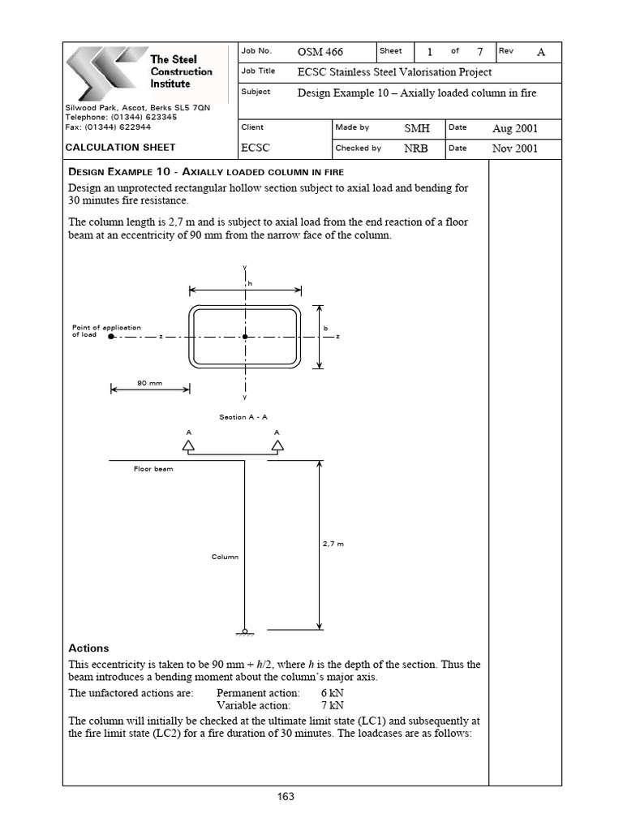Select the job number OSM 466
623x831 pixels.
(320, 52)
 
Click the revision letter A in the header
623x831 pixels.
(541, 52)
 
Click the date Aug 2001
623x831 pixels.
(514, 128)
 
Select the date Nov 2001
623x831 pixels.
(514, 149)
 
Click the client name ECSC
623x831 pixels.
(255, 149)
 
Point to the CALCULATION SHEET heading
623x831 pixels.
(120, 148)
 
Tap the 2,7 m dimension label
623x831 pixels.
(333, 544)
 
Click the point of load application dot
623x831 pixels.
(111, 336)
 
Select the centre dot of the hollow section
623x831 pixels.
(245, 336)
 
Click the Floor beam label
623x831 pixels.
(153, 469)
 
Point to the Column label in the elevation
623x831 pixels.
(226, 557)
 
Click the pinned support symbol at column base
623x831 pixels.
(245, 630)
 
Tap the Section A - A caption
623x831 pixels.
(243, 417)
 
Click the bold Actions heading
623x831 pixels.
(88, 648)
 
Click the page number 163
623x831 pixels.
(285, 797)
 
